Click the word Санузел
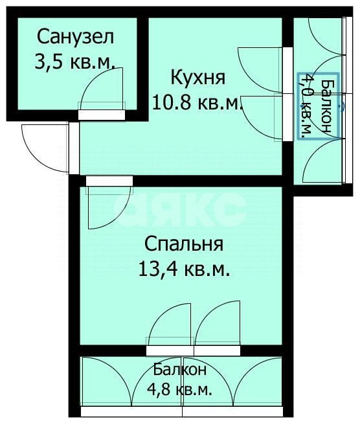(x=76, y=36)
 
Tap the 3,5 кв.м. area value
(x=74, y=62)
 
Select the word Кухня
(x=197, y=78)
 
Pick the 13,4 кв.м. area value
(x=184, y=269)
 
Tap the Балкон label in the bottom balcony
(x=180, y=370)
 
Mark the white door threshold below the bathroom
(x=101, y=115)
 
